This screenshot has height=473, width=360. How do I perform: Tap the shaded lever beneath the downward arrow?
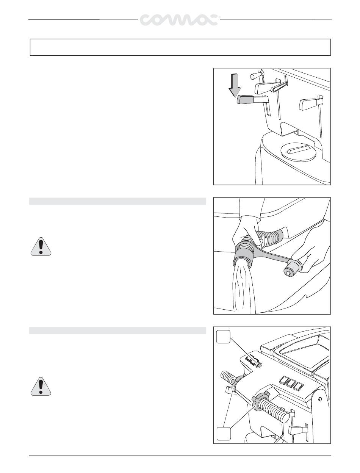point(252,100)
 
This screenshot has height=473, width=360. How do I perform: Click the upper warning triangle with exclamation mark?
point(41,246)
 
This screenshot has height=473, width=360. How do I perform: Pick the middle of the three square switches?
point(291,383)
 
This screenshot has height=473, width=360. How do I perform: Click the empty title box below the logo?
point(180,47)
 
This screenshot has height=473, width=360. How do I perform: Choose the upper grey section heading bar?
point(117,201)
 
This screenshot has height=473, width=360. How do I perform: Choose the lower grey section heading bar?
point(117,331)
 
